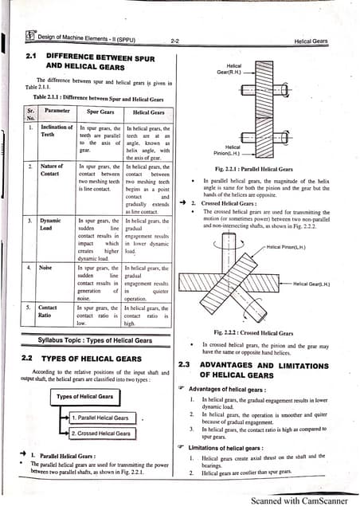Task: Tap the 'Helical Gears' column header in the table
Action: [147, 112]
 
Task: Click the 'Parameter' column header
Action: [57, 112]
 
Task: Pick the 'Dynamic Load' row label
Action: [50, 224]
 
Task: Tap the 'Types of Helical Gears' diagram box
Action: [84, 396]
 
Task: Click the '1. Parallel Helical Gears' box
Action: [100, 418]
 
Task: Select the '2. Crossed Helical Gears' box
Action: [100, 433]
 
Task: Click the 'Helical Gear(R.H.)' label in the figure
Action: [233, 69]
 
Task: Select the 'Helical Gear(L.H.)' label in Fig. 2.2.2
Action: [311, 284]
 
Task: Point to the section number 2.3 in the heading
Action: [183, 364]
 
